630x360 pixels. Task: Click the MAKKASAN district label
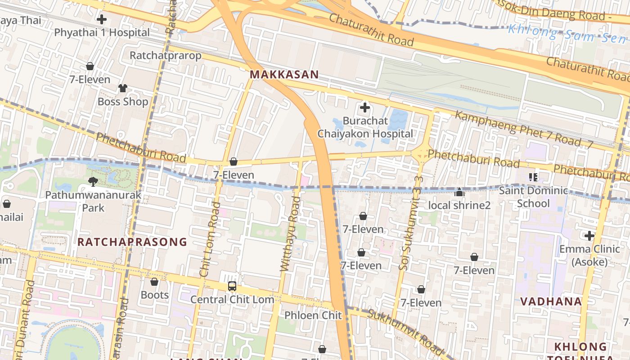point(284,75)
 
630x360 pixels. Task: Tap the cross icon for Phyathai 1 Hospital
point(102,19)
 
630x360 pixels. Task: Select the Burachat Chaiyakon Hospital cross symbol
point(365,108)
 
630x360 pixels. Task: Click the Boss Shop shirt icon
point(122,88)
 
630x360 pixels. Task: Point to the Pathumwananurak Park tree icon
point(93,181)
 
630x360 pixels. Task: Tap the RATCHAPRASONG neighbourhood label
point(132,242)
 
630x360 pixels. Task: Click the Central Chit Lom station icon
point(232,286)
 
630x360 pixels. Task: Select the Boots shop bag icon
point(154,282)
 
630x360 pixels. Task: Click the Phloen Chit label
point(313,315)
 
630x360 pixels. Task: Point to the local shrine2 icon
point(459,192)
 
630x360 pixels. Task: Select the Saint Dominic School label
point(533,197)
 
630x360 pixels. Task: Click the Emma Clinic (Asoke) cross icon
point(589,235)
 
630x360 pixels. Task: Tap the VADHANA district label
point(551,301)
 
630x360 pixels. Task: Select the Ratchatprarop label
point(165,55)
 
